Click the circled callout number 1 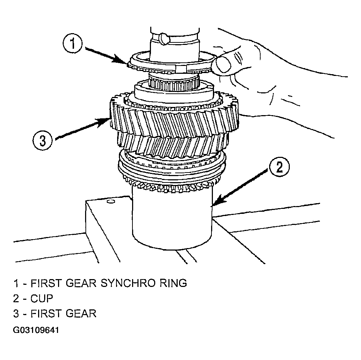pos(73,44)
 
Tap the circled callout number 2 pos(279,167)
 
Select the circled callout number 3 pos(43,140)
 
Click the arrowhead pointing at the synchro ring pos(121,60)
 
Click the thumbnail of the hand pos(223,63)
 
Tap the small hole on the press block pos(111,202)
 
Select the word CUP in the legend pos(42,298)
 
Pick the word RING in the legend pos(173,283)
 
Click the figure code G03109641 pos(36,330)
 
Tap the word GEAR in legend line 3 pos(81,313)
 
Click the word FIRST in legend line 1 pos(46,283)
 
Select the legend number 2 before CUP pos(16,298)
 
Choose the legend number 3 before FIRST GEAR pos(16,313)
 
